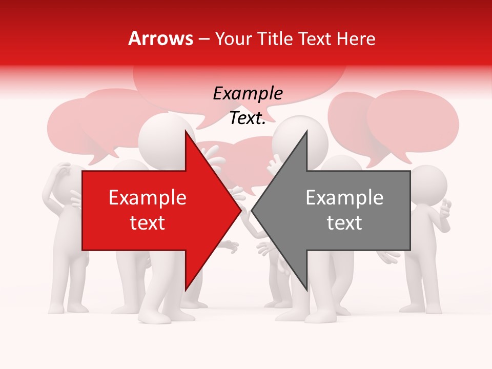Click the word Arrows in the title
coord(161,38)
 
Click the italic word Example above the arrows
coord(248,94)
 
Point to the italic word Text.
coord(248,118)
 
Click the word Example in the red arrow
coord(148,198)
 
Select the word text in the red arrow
coord(148,223)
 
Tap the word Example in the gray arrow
coord(344,198)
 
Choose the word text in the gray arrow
coord(344,223)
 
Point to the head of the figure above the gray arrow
coord(301,138)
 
